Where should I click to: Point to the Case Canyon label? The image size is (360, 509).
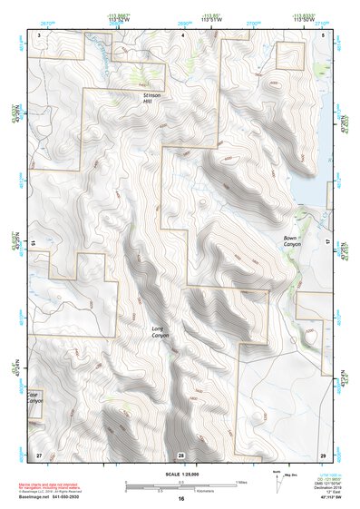pos(34,397)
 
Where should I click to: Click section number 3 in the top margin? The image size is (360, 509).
pos(39,34)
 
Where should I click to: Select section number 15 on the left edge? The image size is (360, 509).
pos(31,243)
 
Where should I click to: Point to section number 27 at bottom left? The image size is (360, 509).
pos(38,453)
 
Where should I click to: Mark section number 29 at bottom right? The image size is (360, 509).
pos(323,453)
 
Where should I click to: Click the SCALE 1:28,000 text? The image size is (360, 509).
pos(180,475)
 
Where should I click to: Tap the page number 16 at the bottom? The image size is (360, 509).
pos(180,499)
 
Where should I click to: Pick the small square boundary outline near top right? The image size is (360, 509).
pos(289,54)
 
